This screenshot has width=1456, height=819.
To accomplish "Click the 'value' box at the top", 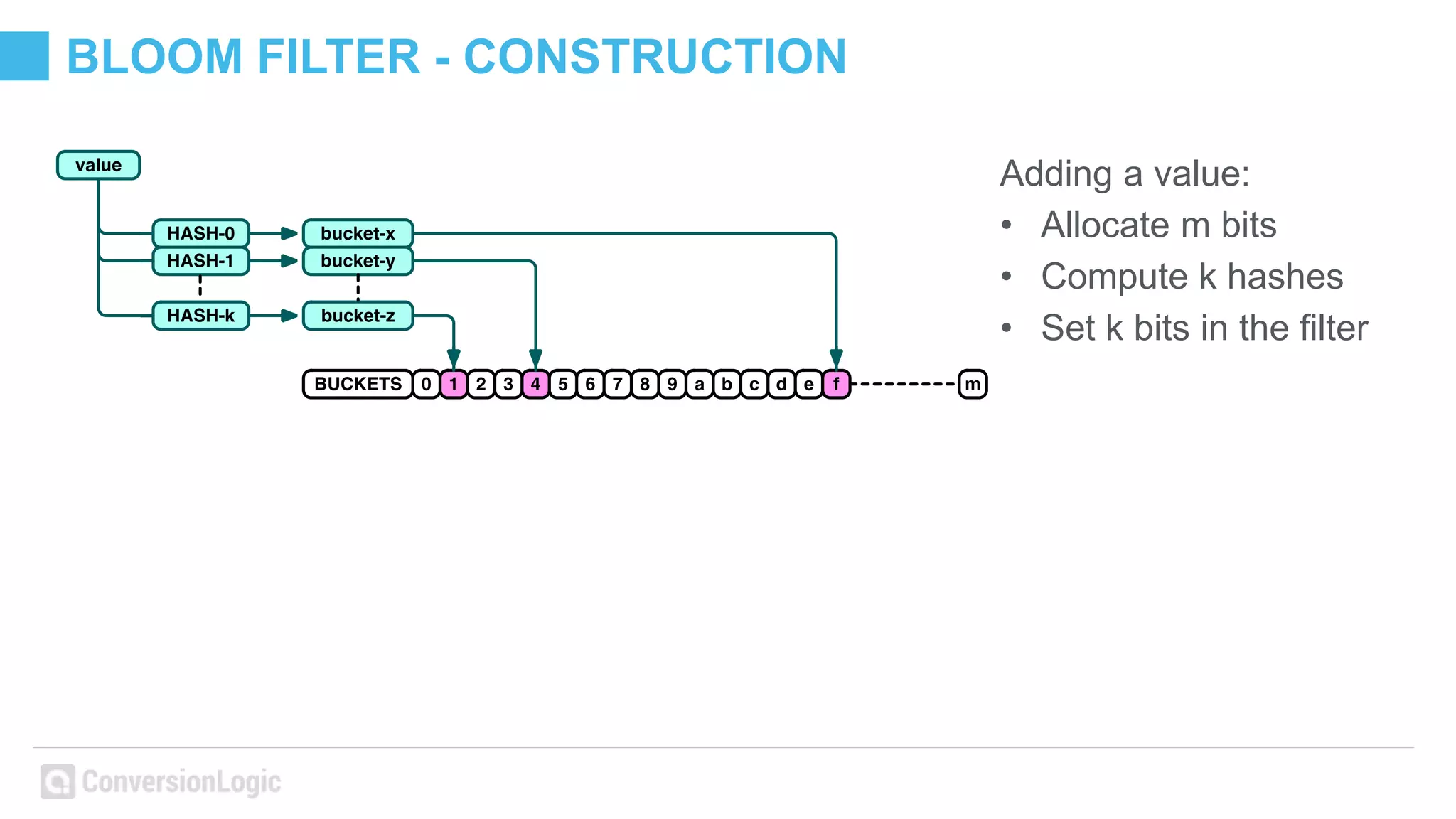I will coord(98,165).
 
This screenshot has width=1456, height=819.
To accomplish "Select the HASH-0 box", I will coord(200,233).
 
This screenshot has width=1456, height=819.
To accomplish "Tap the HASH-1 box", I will coord(200,261).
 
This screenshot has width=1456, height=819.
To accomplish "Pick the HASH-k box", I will coord(200,316).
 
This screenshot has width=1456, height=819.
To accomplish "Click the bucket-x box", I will coord(358,233).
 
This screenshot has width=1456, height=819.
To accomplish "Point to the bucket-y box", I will coord(358,261).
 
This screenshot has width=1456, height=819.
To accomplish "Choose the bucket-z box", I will coord(358,316).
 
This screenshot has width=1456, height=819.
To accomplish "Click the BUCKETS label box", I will coord(358,384).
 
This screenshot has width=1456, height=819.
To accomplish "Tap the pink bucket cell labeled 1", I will coord(453,384).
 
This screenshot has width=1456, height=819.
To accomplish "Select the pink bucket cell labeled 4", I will coord(535,384).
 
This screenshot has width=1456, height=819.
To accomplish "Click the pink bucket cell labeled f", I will coord(836,384).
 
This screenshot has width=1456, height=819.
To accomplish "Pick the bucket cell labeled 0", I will coord(426,384).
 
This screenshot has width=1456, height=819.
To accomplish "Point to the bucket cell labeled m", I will coord(973,384).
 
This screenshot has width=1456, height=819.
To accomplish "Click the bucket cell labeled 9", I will coord(672,384).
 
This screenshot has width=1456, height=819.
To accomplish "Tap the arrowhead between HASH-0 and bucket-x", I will coord(289,233).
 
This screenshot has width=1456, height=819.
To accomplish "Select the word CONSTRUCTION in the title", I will coord(655,56).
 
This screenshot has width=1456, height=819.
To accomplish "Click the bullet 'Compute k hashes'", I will coord(1192,277).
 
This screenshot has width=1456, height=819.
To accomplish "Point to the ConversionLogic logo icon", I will coord(58,781).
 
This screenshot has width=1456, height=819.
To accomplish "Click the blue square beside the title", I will coord(24,55).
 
